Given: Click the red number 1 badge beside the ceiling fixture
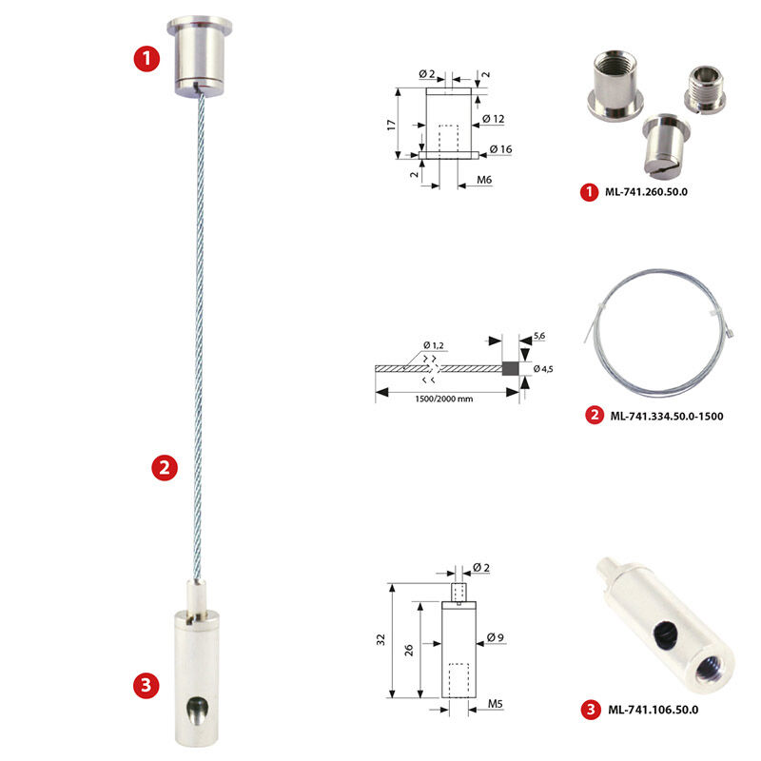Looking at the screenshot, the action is pyautogui.click(x=146, y=59).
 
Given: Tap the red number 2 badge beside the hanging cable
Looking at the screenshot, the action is pyautogui.click(x=165, y=467).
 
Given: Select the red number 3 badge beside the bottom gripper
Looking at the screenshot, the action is pyautogui.click(x=146, y=685).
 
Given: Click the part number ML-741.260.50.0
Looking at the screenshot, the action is pyautogui.click(x=646, y=192).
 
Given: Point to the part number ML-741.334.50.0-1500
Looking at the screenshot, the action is pyautogui.click(x=667, y=416).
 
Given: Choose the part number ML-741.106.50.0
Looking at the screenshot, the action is pyautogui.click(x=653, y=710).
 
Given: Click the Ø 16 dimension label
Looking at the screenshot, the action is pyautogui.click(x=501, y=149).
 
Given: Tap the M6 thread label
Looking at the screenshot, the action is pyautogui.click(x=484, y=180).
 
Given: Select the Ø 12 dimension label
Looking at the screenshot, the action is pyautogui.click(x=493, y=119).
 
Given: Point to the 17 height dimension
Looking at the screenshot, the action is pyautogui.click(x=392, y=125).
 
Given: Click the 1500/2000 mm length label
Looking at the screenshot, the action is pyautogui.click(x=443, y=399).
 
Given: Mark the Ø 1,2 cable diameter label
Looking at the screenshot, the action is pyautogui.click(x=433, y=345).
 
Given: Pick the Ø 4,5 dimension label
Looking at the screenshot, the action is pyautogui.click(x=543, y=369).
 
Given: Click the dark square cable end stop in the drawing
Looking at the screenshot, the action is pyautogui.click(x=510, y=368).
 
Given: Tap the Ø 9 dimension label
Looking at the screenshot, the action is pyautogui.click(x=495, y=637).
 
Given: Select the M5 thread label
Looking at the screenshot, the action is pyautogui.click(x=495, y=704).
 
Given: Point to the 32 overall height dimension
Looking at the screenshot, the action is pyautogui.click(x=381, y=639).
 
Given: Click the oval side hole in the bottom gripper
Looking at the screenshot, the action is pyautogui.click(x=197, y=711).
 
